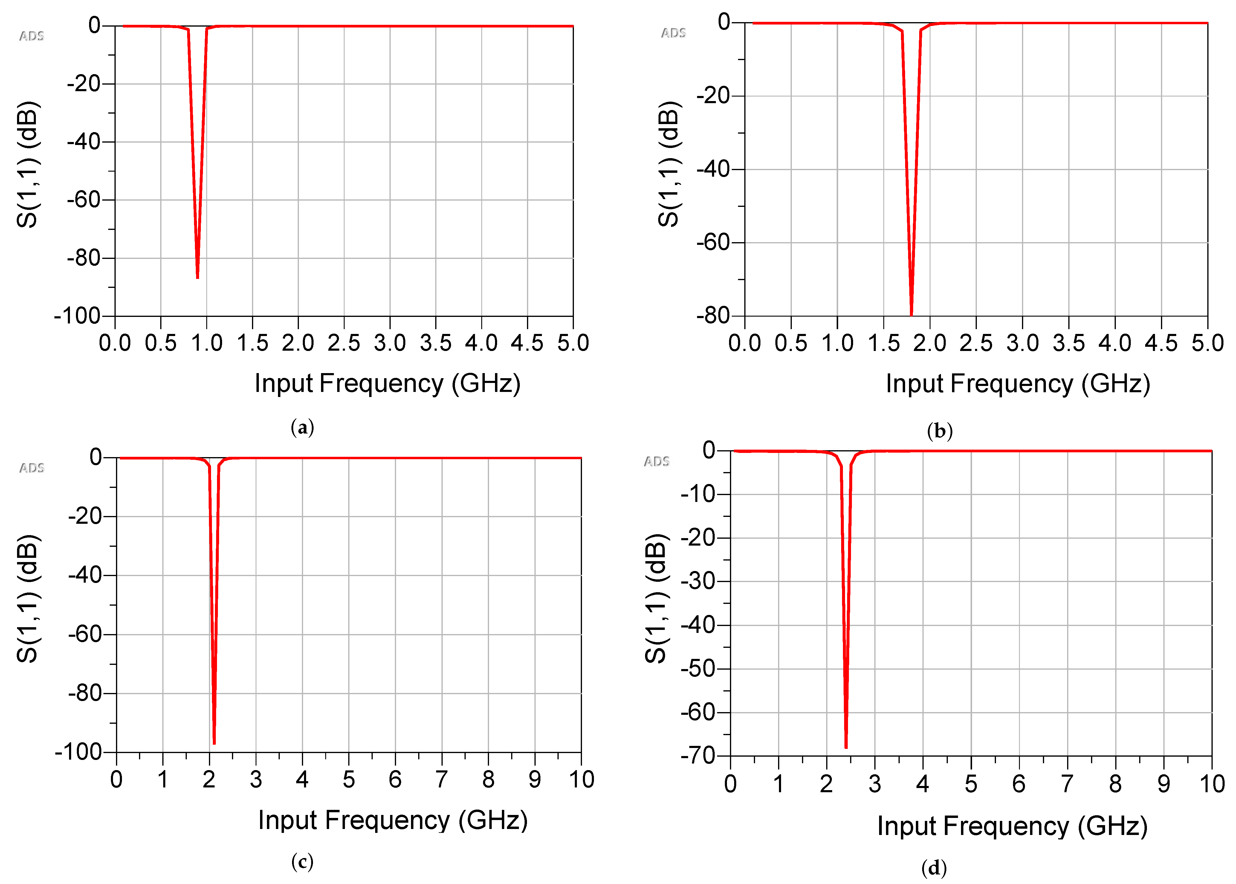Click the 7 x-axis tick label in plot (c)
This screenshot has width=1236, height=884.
441,779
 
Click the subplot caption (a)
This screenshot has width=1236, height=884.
302,427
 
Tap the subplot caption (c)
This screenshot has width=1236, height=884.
302,862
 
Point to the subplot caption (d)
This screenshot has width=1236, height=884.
934,867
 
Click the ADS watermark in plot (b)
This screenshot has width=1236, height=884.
673,33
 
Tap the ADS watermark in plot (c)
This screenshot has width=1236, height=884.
32,468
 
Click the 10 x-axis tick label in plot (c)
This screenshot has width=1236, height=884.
581,779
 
